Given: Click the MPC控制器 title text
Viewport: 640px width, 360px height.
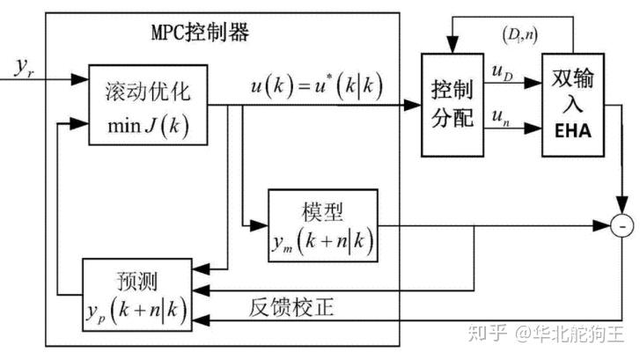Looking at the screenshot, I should pyautogui.click(x=201, y=33).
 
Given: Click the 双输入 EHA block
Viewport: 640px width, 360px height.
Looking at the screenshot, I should pyautogui.click(x=573, y=103).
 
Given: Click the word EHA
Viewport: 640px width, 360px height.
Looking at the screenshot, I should pyautogui.click(x=573, y=134).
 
